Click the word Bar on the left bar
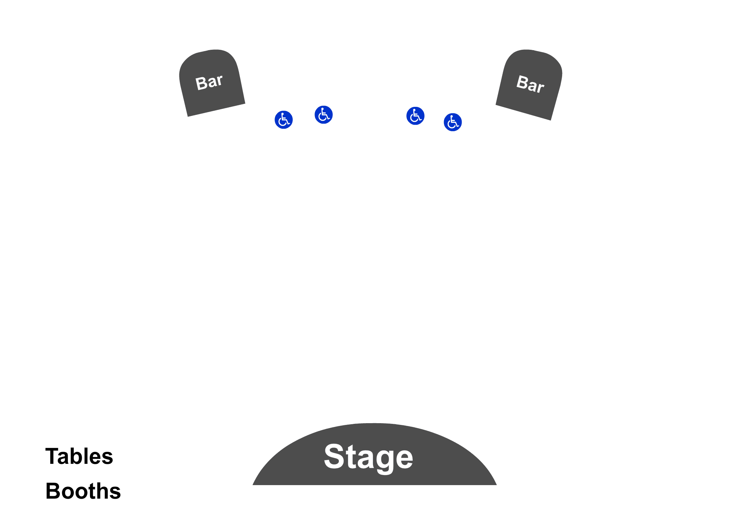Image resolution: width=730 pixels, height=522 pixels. tap(209, 82)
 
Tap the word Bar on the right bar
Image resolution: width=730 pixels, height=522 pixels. tap(530, 84)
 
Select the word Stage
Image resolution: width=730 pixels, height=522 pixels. tap(368, 458)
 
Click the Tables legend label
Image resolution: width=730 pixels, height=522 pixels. tap(79, 456)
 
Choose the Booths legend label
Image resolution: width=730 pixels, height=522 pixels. tap(83, 491)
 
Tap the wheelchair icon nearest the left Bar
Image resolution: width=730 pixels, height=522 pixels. tap(284, 120)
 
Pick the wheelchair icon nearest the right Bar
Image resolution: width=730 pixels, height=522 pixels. tap(453, 122)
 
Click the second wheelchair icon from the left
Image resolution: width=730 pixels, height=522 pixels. tap(324, 114)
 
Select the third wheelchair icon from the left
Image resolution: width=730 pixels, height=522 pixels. tap(415, 116)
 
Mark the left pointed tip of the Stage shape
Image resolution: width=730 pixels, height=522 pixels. tap(253, 485)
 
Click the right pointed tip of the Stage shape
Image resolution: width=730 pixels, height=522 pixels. tap(496, 485)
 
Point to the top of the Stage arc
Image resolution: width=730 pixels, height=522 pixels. tap(375, 424)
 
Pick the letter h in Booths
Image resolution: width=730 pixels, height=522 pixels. tap(103, 491)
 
